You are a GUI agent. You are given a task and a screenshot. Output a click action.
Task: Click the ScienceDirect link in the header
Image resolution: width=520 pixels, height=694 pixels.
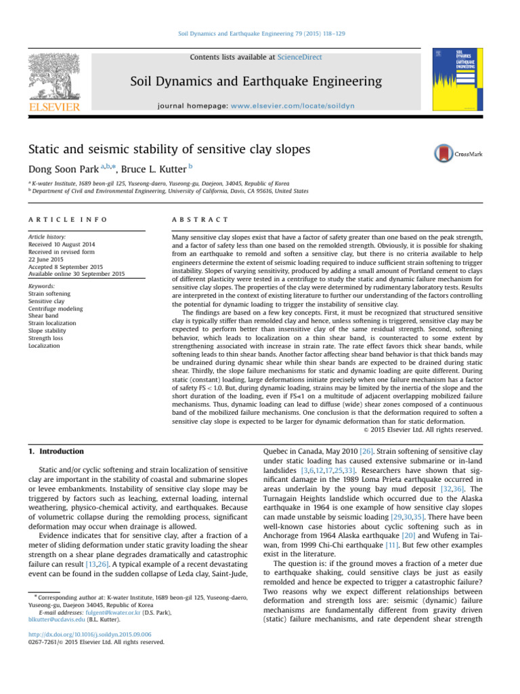[300, 58]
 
